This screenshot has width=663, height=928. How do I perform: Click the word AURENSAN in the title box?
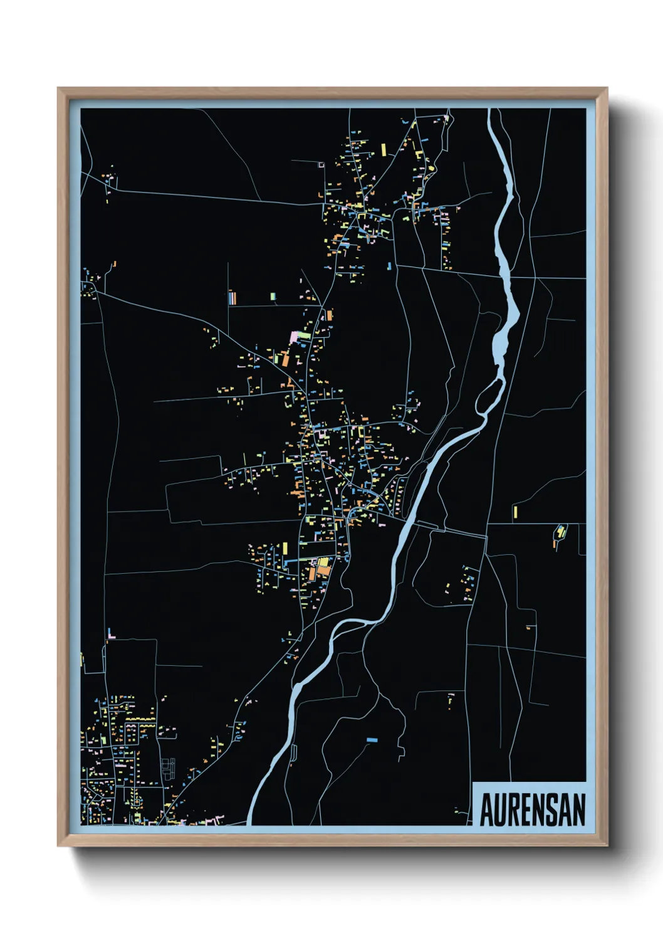(533, 809)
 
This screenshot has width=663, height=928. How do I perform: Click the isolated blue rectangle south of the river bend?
(372, 740)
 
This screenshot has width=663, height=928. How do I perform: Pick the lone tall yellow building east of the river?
(515, 512)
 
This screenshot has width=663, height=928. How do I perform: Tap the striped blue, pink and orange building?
(232, 297)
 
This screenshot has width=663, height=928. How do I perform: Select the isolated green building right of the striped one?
(273, 296)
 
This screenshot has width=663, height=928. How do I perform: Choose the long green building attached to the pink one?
(304, 335)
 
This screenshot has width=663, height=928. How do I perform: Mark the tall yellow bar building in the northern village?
(384, 150)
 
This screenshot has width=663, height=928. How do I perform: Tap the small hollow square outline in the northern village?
(321, 164)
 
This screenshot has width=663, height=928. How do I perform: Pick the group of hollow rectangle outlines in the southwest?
(167, 769)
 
